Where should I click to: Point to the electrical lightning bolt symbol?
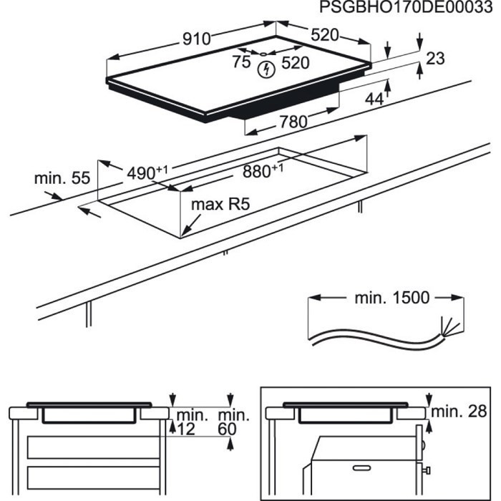(267, 69)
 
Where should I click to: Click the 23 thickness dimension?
(436, 59)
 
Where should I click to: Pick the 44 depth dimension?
(374, 99)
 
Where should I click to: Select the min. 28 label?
(458, 413)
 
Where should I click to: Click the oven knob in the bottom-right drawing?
(427, 470)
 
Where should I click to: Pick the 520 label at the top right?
(324, 36)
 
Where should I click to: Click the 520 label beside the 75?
(295, 63)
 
